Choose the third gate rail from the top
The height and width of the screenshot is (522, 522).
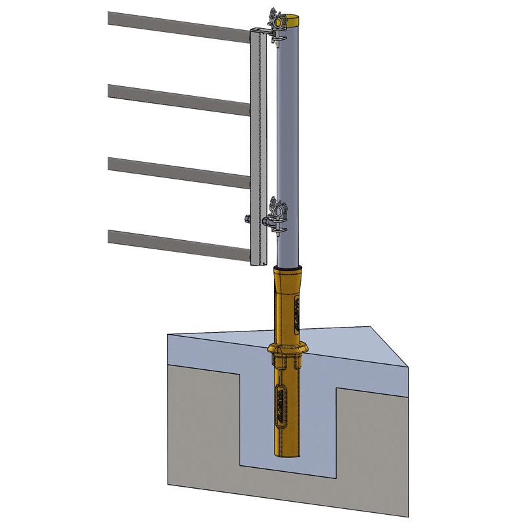coord(176,172)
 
